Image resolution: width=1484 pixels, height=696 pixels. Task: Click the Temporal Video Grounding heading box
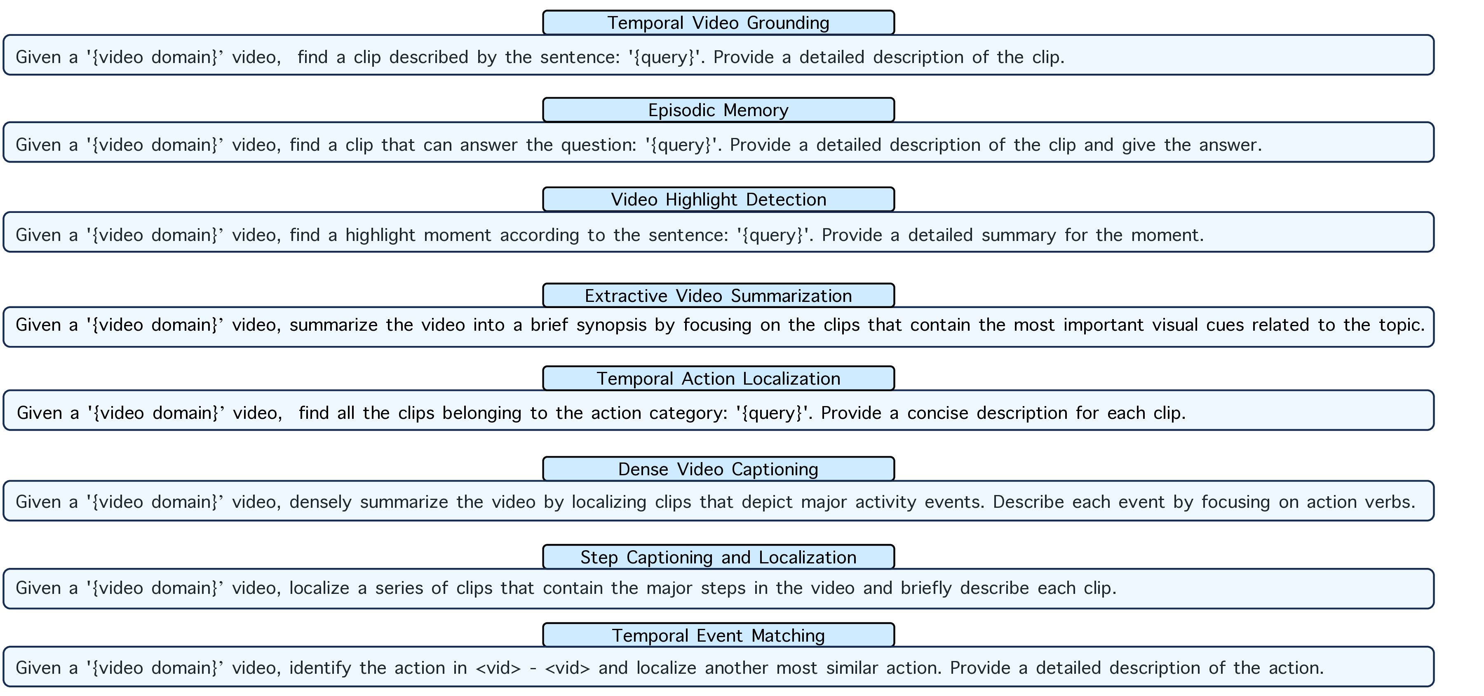[x=719, y=23]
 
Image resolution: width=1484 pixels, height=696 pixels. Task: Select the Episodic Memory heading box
[x=719, y=110]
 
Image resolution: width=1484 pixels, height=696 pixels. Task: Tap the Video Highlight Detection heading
[x=719, y=199]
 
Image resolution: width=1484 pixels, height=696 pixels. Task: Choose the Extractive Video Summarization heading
[x=719, y=295]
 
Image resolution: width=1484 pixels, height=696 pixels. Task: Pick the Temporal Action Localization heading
[x=719, y=378]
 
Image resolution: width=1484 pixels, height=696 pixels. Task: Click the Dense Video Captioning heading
[x=719, y=469]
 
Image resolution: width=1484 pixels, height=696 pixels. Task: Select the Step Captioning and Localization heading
[x=719, y=557]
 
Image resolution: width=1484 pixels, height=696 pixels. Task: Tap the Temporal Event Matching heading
[x=719, y=635]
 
